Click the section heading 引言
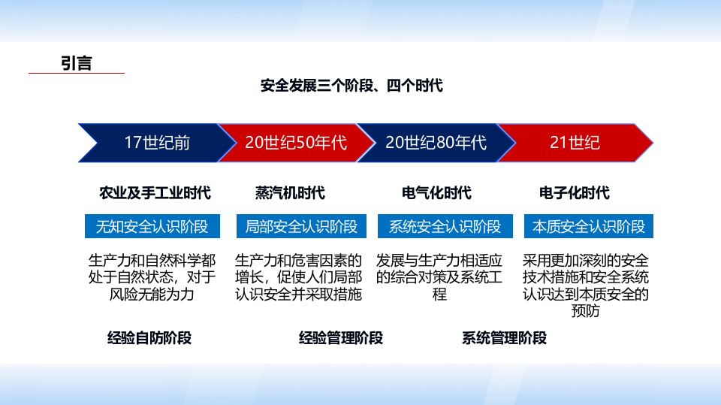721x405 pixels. point(76,63)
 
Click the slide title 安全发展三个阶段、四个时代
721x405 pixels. point(351,86)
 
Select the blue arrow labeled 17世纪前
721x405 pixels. point(154,143)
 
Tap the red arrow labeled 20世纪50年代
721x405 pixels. point(295,143)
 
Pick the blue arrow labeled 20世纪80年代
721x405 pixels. point(435,143)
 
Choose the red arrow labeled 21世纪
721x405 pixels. point(575,143)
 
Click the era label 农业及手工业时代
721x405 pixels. point(155,193)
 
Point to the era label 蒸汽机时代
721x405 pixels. point(290,193)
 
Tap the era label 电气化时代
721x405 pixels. point(436,193)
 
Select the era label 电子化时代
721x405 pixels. point(575,193)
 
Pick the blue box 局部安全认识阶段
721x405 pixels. point(300,226)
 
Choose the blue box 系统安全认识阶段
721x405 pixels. point(445,226)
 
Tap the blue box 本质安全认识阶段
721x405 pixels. point(589,226)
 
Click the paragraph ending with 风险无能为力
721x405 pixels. point(152,277)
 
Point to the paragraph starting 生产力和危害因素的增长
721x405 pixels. point(298,277)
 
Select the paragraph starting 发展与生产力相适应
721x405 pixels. point(439,277)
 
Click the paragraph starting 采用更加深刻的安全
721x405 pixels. point(586,285)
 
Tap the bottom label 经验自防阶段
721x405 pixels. point(149,338)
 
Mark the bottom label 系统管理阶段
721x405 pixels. point(504,338)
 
